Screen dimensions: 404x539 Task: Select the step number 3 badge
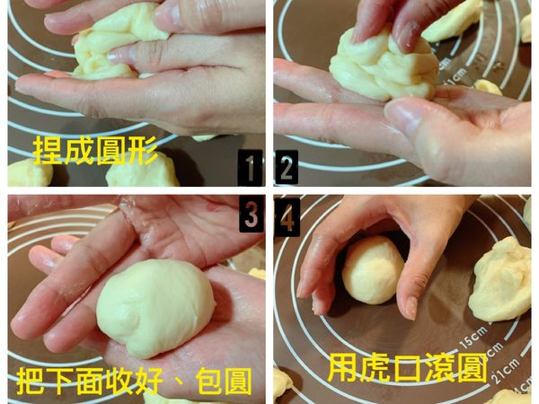(x=251, y=215)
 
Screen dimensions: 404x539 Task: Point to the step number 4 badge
(x=287, y=215)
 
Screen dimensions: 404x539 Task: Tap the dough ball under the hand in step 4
(x=371, y=269)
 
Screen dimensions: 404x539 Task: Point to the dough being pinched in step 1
(x=117, y=40)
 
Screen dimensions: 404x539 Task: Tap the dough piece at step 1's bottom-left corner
(x=27, y=172)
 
